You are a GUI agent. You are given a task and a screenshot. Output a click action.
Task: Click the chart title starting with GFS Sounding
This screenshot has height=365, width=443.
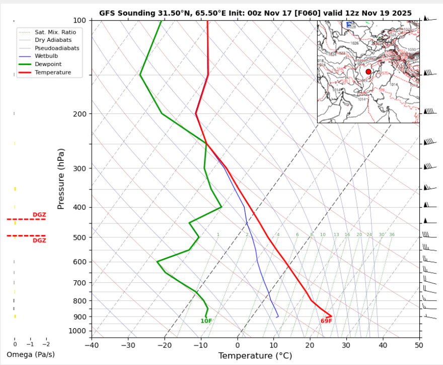(255, 13)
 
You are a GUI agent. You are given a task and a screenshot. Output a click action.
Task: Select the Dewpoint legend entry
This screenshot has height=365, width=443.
(48, 65)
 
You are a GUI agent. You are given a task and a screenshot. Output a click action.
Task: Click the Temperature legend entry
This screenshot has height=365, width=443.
(52, 73)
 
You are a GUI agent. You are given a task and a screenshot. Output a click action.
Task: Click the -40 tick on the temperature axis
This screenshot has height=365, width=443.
(92, 346)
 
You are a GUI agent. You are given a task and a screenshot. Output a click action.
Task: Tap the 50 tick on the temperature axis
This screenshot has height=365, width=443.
(419, 346)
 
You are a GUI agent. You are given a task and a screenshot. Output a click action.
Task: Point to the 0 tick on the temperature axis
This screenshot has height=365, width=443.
(237, 346)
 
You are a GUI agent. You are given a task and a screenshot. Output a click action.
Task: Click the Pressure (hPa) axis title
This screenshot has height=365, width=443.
(61, 179)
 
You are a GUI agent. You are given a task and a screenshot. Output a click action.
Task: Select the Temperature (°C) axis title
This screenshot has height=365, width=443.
(255, 356)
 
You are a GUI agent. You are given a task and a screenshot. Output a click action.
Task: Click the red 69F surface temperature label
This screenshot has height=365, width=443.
(326, 321)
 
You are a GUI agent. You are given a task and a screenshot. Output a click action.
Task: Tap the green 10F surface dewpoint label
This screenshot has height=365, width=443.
(206, 321)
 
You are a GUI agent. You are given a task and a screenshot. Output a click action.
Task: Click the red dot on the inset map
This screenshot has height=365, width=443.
(368, 72)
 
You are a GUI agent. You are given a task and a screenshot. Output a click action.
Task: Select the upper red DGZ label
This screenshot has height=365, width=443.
(39, 215)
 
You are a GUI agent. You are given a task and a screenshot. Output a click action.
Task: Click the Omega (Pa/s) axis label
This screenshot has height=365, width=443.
(31, 354)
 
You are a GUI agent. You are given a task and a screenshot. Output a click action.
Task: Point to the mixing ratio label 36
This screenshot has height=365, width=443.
(392, 235)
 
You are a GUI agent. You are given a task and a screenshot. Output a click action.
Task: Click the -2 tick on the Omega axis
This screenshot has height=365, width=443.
(46, 344)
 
